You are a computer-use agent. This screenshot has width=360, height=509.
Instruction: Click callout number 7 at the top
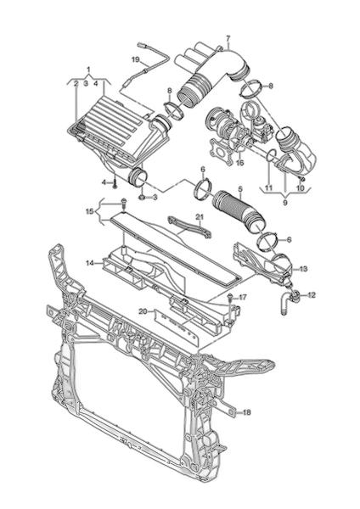[228, 38]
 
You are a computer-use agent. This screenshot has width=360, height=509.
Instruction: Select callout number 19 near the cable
[136, 59]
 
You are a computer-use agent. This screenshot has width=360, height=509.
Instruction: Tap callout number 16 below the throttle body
[239, 163]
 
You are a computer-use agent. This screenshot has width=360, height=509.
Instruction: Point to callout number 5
[240, 188]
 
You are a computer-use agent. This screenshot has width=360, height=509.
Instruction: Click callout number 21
[199, 216]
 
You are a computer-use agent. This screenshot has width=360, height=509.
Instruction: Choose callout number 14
[90, 263]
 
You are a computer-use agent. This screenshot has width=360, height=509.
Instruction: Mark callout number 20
[143, 311]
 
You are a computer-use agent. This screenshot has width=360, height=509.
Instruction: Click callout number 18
[246, 412]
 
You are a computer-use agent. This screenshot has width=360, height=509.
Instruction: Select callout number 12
[312, 295]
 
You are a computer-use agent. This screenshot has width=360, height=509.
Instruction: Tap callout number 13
[303, 269]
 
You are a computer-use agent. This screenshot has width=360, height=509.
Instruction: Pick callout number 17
[242, 297]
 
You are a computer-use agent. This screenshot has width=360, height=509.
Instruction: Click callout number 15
[89, 211]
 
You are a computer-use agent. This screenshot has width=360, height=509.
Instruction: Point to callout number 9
[285, 203]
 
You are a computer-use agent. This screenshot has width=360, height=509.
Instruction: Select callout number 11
[268, 188]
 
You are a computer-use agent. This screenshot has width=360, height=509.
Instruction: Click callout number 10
[300, 188]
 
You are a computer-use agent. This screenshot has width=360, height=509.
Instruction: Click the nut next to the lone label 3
[142, 197]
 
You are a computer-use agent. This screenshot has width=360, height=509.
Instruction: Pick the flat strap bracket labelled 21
[189, 228]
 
